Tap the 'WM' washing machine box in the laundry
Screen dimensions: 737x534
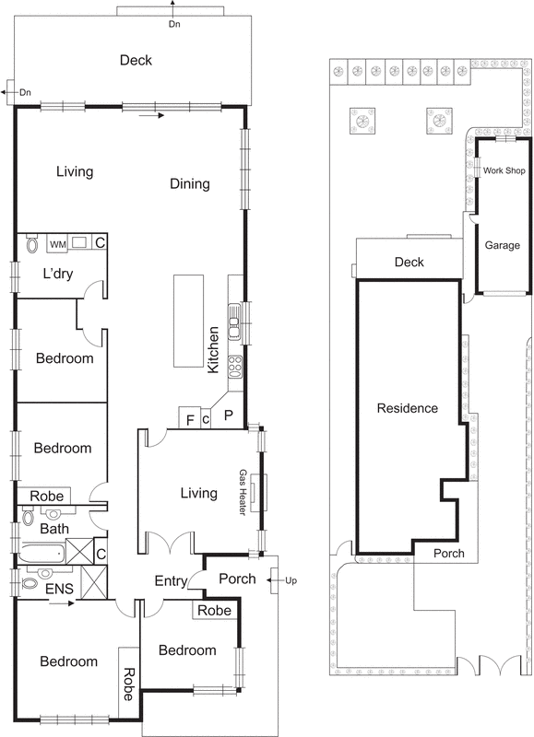[57, 244]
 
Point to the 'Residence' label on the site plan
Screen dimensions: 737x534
[407, 408]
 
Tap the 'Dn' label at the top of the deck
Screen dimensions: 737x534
[174, 24]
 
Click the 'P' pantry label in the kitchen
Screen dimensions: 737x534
[228, 415]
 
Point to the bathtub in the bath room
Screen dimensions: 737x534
[41, 554]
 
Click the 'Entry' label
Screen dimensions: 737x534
[171, 580]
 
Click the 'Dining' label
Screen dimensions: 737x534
[190, 183]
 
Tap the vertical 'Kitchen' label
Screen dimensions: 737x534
[213, 349]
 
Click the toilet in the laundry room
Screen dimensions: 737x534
[32, 244]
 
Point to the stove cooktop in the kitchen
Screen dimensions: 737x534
[235, 366]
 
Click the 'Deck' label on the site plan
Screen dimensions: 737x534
[409, 263]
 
